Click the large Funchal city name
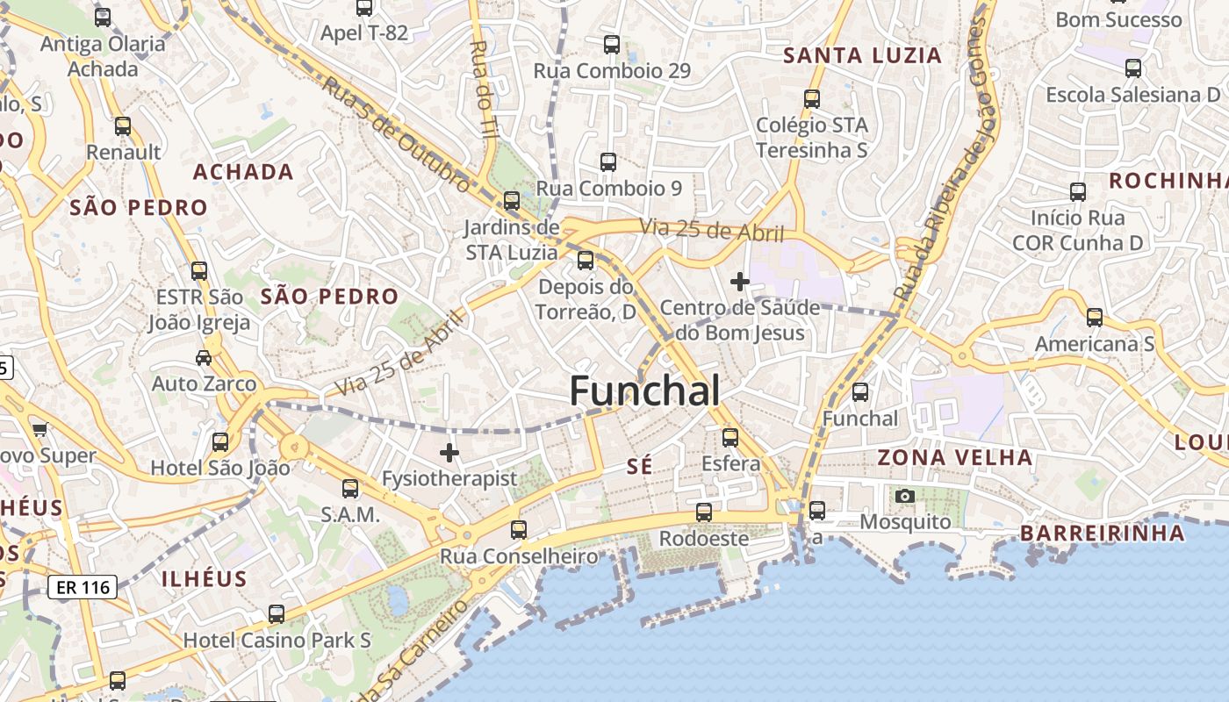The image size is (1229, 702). click(x=645, y=390)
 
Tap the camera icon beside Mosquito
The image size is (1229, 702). click(x=905, y=497)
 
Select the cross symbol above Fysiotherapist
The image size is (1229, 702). click(x=449, y=453)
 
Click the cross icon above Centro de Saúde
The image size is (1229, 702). click(x=740, y=282)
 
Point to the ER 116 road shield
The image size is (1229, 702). click(x=82, y=587)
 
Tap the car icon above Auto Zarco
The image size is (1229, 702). click(x=204, y=358)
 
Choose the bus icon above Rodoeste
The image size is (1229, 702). click(x=704, y=512)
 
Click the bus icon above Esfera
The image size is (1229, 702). click(x=730, y=437)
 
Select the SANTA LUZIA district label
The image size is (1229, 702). click(x=862, y=56)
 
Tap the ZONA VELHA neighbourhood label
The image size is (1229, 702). click(x=955, y=457)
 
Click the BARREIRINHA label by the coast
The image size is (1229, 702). click(x=1103, y=533)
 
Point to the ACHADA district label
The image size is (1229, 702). click(x=243, y=172)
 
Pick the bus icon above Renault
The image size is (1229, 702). click(x=123, y=126)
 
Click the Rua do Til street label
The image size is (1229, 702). click(x=483, y=90)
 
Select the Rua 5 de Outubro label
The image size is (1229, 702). click(x=396, y=133)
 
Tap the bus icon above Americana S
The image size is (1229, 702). click(x=1094, y=318)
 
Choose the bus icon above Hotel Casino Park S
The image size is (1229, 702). click(x=277, y=614)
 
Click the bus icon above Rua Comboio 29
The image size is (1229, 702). click(x=612, y=44)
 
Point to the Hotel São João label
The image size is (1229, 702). click(x=219, y=468)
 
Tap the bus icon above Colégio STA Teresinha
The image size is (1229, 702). click(x=812, y=99)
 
